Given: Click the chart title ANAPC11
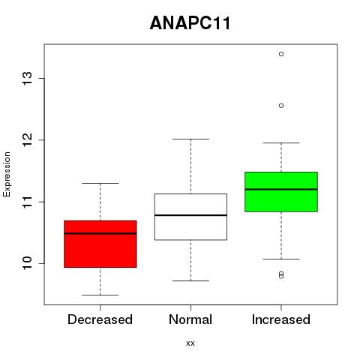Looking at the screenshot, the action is [x=190, y=23].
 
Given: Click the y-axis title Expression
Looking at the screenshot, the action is [x=7, y=174].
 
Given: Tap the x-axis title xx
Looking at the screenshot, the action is [x=190, y=343].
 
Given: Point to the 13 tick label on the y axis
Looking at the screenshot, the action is [x=27, y=79].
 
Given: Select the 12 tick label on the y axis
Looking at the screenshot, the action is [x=27, y=140].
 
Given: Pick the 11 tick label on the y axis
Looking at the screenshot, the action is [x=27, y=202].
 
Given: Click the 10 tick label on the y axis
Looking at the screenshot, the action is [x=27, y=263].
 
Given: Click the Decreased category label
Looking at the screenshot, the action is [x=100, y=319].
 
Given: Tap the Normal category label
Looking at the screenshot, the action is [x=190, y=319].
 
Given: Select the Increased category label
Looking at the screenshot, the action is [x=281, y=319].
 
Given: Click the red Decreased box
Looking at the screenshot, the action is [x=100, y=244].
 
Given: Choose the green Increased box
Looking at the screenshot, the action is [x=281, y=192].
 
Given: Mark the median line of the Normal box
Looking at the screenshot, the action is [x=190, y=215].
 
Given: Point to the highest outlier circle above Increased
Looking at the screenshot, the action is [x=281, y=54].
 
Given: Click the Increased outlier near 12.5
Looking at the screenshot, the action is [x=281, y=106].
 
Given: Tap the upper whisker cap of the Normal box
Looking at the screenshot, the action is [x=190, y=139].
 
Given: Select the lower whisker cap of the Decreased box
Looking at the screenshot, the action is [x=100, y=295].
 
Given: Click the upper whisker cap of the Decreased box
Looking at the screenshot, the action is [x=100, y=183].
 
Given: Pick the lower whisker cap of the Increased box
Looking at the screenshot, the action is [x=281, y=259].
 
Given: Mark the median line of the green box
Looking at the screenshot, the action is [x=281, y=190].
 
